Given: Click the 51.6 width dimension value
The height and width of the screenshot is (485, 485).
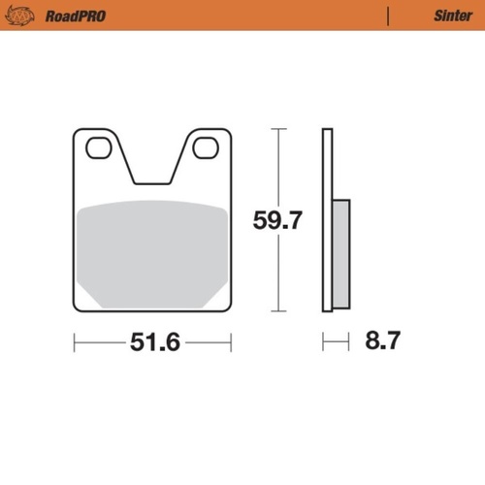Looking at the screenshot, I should pos(154,342).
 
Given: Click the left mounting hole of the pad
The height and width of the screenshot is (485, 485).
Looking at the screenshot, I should pos(98,148).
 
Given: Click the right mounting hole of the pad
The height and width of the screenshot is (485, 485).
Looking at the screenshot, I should pos(205,148).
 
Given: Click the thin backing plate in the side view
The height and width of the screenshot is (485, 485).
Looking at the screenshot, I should pos(328,220).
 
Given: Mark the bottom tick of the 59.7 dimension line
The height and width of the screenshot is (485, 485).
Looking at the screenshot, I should pos(279,312).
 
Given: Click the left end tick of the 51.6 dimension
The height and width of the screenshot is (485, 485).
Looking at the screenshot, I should pos(76,342).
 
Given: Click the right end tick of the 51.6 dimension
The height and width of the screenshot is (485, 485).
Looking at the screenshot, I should pos(231,342).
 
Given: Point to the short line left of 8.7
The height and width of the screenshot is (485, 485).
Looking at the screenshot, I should pos(335,342).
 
